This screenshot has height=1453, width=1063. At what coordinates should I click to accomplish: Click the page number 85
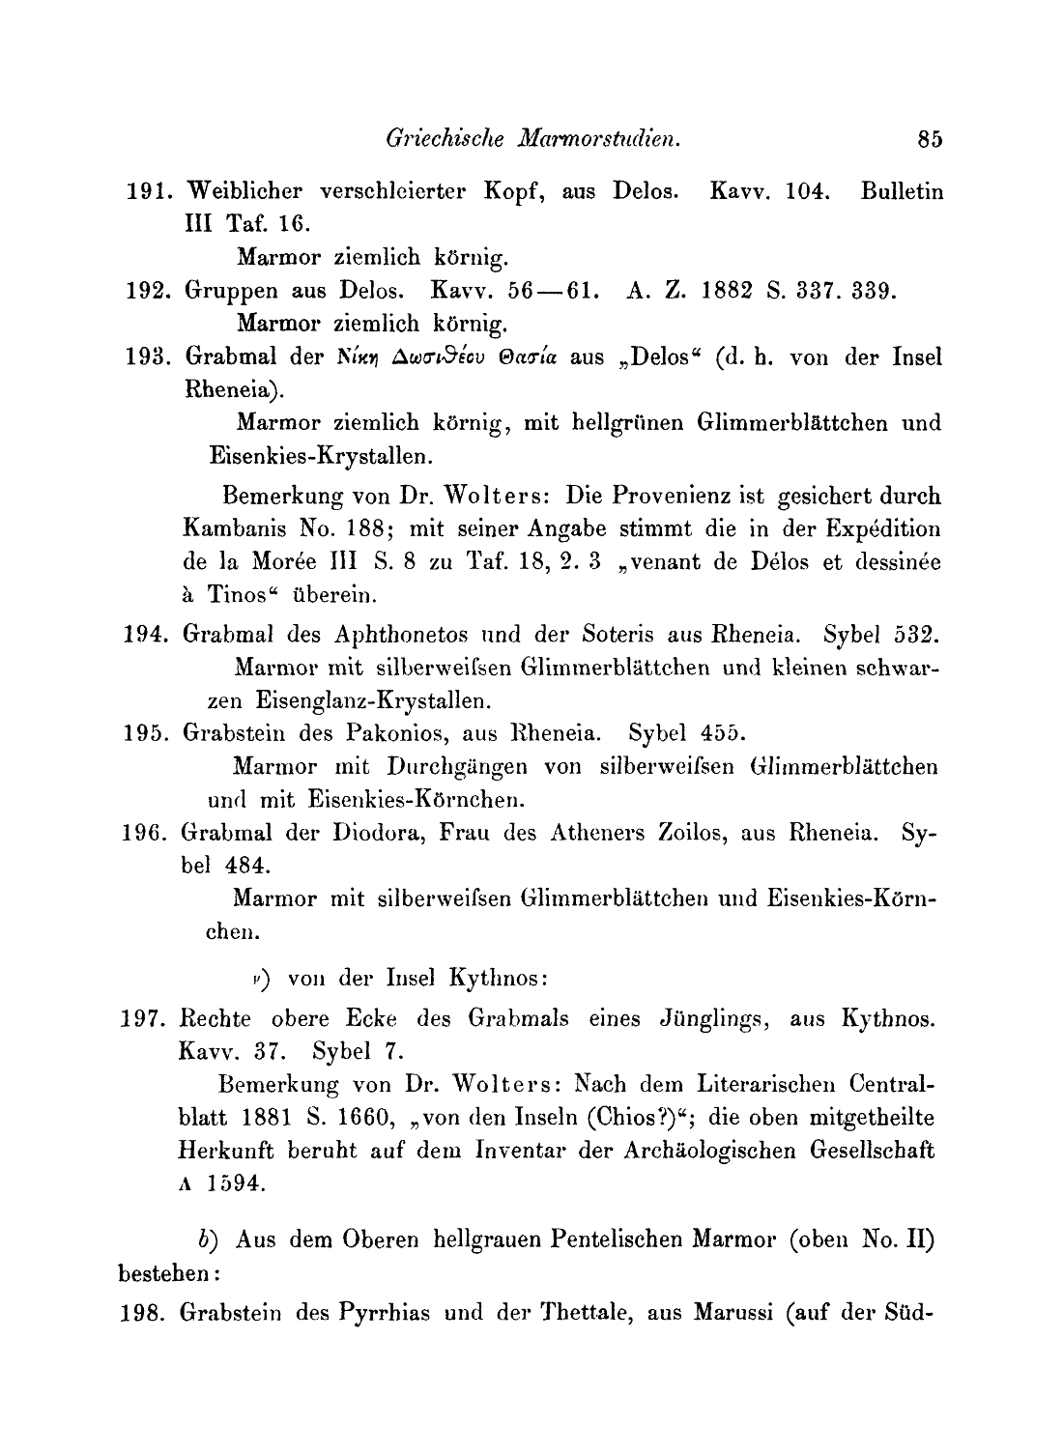[x=931, y=139]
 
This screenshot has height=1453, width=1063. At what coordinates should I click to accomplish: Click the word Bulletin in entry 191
[x=901, y=191]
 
